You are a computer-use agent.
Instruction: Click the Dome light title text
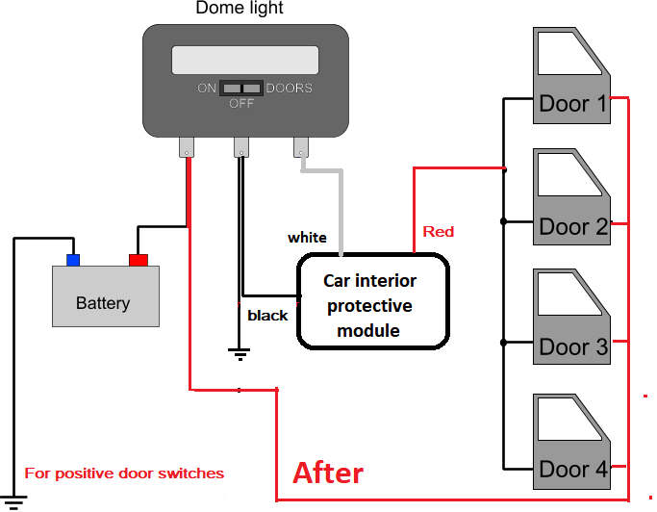pos(240,8)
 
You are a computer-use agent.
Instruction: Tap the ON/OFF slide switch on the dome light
pos(241,88)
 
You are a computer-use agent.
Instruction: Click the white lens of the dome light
pos(245,60)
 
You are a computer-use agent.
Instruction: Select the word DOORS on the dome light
pos(290,88)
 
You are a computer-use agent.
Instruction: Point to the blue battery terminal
pos(73,260)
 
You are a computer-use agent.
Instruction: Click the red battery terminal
pos(139,260)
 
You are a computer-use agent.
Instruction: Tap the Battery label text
pos(103,303)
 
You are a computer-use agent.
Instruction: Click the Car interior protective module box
pos(373,300)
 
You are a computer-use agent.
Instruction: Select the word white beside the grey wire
pos(307,238)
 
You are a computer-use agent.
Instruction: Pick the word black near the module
pos(267,316)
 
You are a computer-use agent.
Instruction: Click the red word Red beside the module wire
pos(439,232)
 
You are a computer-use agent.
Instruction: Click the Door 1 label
pos(572,104)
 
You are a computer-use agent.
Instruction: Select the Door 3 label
pos(573,347)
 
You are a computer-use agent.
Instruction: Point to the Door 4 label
pos(573,470)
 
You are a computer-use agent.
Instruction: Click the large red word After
pos(328,473)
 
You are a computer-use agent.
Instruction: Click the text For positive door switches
pos(124,474)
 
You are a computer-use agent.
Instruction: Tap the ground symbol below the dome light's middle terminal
pos(240,354)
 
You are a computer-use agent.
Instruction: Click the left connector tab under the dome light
pos(187,147)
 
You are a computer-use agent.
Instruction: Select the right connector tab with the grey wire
pos(301,147)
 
